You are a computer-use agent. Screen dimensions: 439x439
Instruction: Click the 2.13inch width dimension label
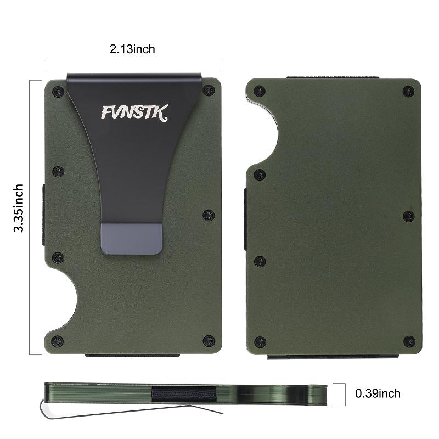[132, 49]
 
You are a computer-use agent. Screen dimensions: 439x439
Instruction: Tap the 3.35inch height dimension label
[19, 208]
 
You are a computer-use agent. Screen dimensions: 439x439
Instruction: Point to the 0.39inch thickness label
[378, 393]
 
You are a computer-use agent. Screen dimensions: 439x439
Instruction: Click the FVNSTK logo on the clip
[134, 112]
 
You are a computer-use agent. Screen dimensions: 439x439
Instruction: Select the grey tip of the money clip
[132, 239]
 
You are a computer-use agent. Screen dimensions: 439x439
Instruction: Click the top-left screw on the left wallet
[58, 91]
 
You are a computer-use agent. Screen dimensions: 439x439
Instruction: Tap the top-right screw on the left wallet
[209, 90]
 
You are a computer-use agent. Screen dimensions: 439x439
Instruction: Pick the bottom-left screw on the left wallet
[58, 341]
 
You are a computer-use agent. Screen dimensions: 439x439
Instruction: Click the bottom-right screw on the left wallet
[209, 340]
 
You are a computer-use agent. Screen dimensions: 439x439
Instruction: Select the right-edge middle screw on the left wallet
[209, 215]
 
